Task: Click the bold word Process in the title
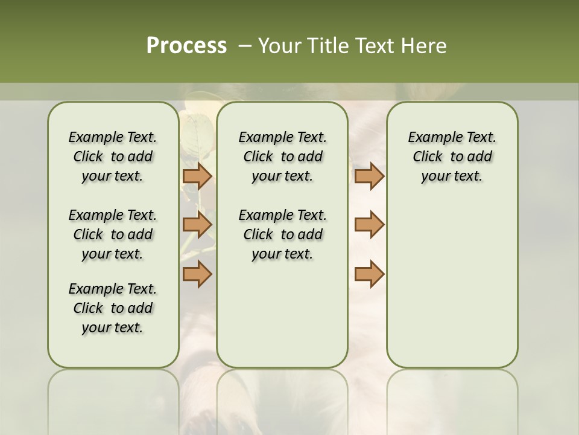click(x=186, y=46)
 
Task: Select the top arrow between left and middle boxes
click(x=197, y=176)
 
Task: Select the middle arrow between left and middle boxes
click(x=197, y=225)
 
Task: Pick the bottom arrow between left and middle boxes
click(x=197, y=274)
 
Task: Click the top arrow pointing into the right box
click(x=369, y=176)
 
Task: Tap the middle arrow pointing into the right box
click(x=369, y=225)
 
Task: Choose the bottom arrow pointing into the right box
click(x=369, y=274)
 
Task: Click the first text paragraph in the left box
click(x=113, y=156)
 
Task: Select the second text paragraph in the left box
click(x=113, y=234)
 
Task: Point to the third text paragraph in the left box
click(x=113, y=308)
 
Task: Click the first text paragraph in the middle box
click(x=282, y=156)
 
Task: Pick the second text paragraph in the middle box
click(x=282, y=234)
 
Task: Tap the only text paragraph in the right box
click(x=452, y=156)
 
